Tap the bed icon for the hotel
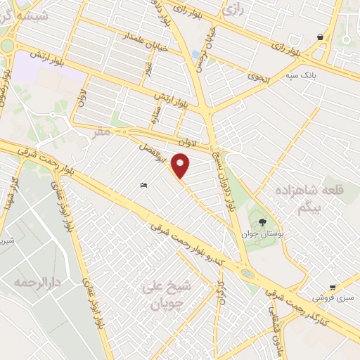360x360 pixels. click(x=144, y=186)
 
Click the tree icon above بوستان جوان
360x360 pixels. click(x=262, y=221)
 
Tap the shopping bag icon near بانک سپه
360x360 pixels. click(x=321, y=37)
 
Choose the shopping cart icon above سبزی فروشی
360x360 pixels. click(x=332, y=287)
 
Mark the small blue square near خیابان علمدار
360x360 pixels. click(x=195, y=54)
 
